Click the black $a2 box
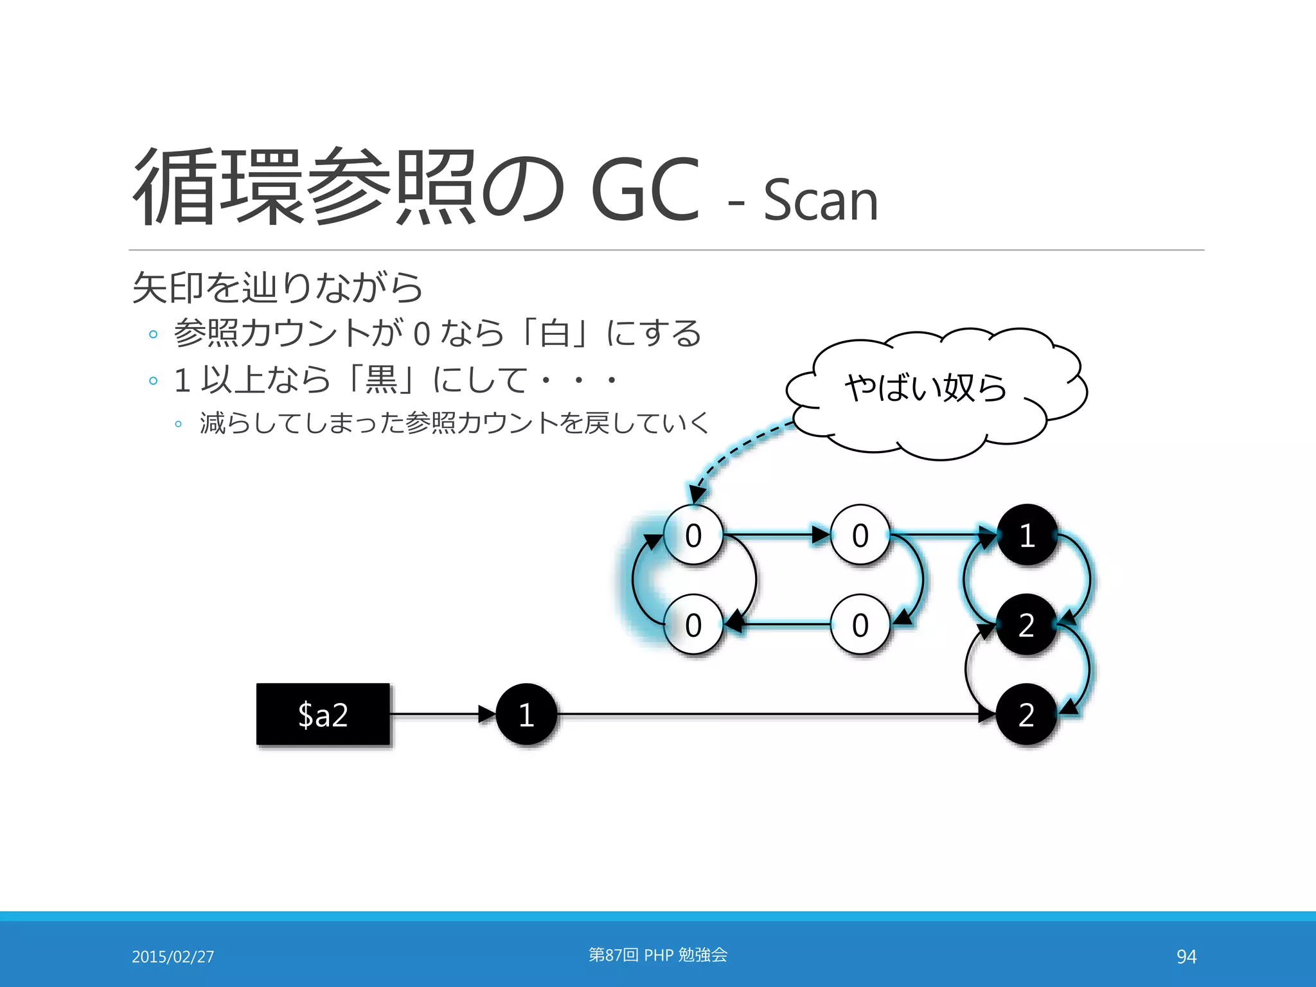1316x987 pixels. coord(323,714)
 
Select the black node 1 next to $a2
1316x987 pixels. coord(526,714)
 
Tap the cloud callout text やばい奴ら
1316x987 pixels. coord(925,387)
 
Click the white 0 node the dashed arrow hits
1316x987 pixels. coord(693,535)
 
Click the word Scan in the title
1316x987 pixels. coord(821,200)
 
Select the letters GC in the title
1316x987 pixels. coord(645,189)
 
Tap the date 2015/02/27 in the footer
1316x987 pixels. coord(173,957)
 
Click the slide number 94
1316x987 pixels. coord(1186,957)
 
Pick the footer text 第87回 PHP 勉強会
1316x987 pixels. coord(658,955)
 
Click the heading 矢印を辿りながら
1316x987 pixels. coord(278,287)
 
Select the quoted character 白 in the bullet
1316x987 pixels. coord(555,333)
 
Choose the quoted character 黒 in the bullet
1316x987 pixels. coord(381,379)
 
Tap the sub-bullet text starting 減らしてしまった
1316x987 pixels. coord(454,423)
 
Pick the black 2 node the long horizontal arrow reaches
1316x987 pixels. coord(1026,714)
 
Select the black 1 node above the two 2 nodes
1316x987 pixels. coord(1027,535)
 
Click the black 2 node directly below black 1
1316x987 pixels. coord(1026,625)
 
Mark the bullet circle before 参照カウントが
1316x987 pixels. coord(153,334)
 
